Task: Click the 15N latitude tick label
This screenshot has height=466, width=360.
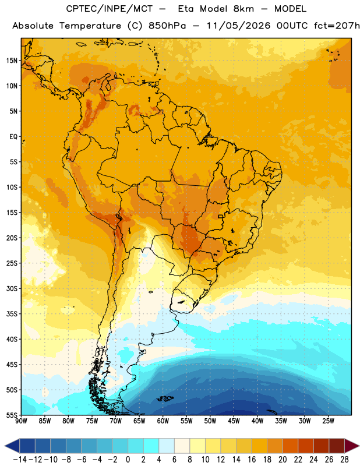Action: (12, 61)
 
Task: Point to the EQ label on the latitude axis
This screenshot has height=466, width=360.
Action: (13, 137)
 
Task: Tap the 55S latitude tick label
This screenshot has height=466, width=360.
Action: (12, 415)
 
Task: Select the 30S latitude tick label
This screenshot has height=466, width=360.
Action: (12, 288)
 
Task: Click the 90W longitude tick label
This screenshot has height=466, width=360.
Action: (21, 421)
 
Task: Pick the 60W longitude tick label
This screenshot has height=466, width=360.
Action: (163, 421)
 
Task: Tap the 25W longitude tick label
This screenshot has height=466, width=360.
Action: (328, 421)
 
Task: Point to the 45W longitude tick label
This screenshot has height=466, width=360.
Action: (234, 421)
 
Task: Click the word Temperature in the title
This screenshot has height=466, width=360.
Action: (90, 26)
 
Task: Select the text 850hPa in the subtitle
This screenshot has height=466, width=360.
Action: (167, 26)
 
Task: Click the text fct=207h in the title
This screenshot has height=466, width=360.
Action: (337, 26)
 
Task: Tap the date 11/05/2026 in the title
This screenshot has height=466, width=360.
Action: (238, 26)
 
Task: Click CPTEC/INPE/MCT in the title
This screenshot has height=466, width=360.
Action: (110, 9)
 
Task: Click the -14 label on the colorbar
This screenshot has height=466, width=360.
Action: (20, 460)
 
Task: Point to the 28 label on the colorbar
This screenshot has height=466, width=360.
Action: (344, 460)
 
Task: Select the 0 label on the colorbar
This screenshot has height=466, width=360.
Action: (128, 460)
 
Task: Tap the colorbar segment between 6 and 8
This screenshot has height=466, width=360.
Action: (182, 446)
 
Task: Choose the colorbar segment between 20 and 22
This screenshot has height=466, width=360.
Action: (290, 446)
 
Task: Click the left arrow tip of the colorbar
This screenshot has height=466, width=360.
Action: (5, 446)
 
